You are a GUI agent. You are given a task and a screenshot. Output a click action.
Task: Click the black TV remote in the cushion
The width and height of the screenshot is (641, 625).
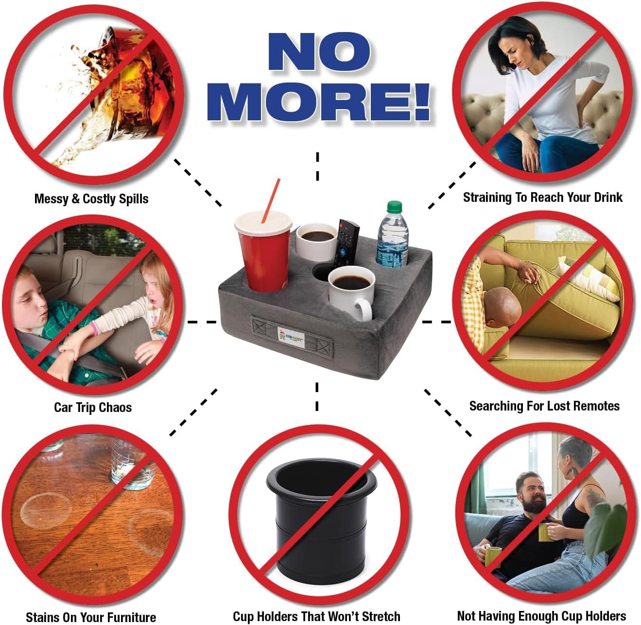pos(346,243)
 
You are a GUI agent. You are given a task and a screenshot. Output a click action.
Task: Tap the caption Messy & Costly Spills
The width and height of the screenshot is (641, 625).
pos(91,198)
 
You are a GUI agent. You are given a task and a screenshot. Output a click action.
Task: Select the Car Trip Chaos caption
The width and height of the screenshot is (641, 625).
pos(92,407)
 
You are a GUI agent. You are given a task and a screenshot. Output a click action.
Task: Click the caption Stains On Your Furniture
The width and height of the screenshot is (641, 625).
pos(91,617)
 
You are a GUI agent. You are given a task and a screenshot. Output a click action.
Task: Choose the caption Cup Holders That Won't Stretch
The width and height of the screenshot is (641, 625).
pos(316,616)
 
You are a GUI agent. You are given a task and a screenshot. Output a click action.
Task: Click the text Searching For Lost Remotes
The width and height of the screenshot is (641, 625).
pos(544,406)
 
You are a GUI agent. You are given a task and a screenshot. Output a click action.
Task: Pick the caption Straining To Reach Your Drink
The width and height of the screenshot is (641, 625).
pos(542,197)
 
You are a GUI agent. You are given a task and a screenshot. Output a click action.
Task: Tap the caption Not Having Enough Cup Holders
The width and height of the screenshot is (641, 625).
pos(541,616)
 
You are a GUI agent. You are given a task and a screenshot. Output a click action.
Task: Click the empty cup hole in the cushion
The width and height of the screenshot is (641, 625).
pos(323,272)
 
